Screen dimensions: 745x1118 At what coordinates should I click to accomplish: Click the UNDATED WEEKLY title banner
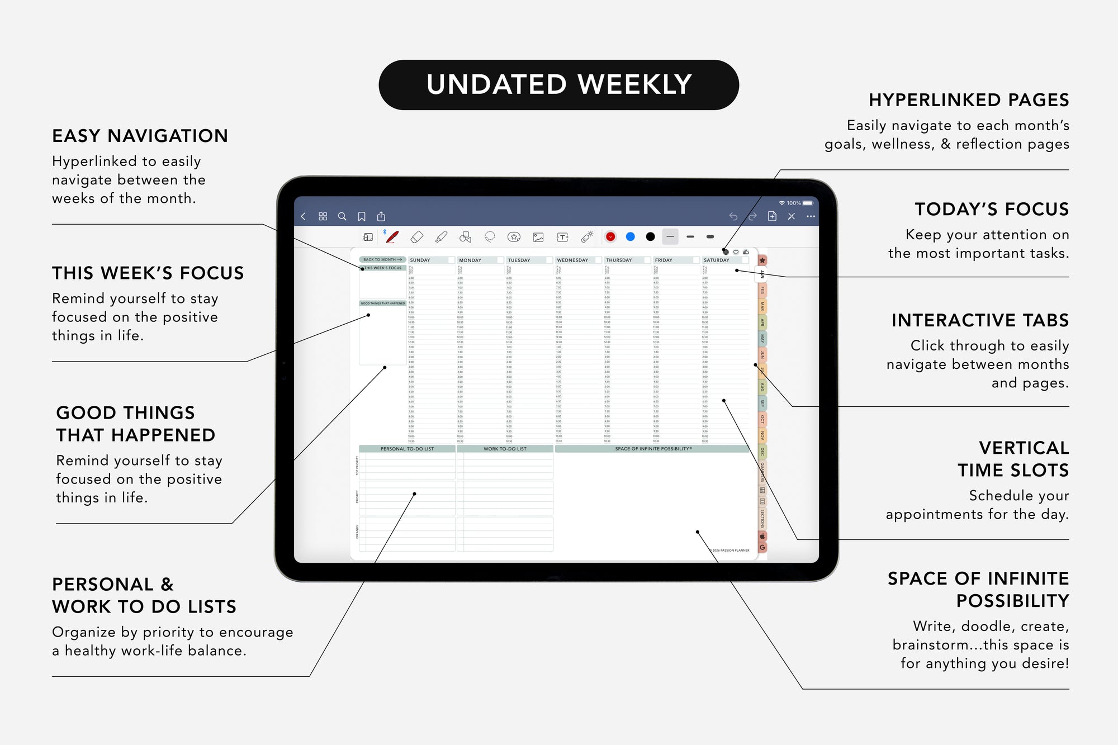tap(558, 85)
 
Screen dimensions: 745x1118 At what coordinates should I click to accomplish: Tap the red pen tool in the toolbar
tap(392, 237)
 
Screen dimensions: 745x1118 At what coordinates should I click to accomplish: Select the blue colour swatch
tap(630, 237)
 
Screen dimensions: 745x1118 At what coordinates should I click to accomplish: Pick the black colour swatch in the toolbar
tap(650, 237)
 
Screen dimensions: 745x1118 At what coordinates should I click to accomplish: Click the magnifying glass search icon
tap(342, 216)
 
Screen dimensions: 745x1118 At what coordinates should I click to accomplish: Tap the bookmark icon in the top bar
tap(362, 216)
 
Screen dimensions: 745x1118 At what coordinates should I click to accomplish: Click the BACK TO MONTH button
tap(382, 259)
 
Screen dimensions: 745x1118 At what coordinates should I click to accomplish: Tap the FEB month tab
tap(762, 290)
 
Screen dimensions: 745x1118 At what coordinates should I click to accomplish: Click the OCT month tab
tap(762, 419)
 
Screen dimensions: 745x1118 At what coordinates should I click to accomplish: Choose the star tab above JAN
tap(762, 260)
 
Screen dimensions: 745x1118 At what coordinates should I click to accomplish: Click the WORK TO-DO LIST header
tap(505, 449)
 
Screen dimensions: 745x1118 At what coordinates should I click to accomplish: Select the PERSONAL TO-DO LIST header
tap(407, 449)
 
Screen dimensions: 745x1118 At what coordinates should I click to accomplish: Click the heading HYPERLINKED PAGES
tap(969, 100)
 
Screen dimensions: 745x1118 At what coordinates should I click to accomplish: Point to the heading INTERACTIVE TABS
tap(980, 320)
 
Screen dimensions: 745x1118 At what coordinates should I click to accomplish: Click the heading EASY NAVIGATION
tap(140, 136)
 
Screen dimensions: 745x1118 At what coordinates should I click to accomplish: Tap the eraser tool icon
tap(416, 237)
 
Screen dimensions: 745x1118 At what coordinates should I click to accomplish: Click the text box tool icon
tap(562, 237)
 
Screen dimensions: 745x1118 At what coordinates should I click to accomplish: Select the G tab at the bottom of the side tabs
tap(762, 547)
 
